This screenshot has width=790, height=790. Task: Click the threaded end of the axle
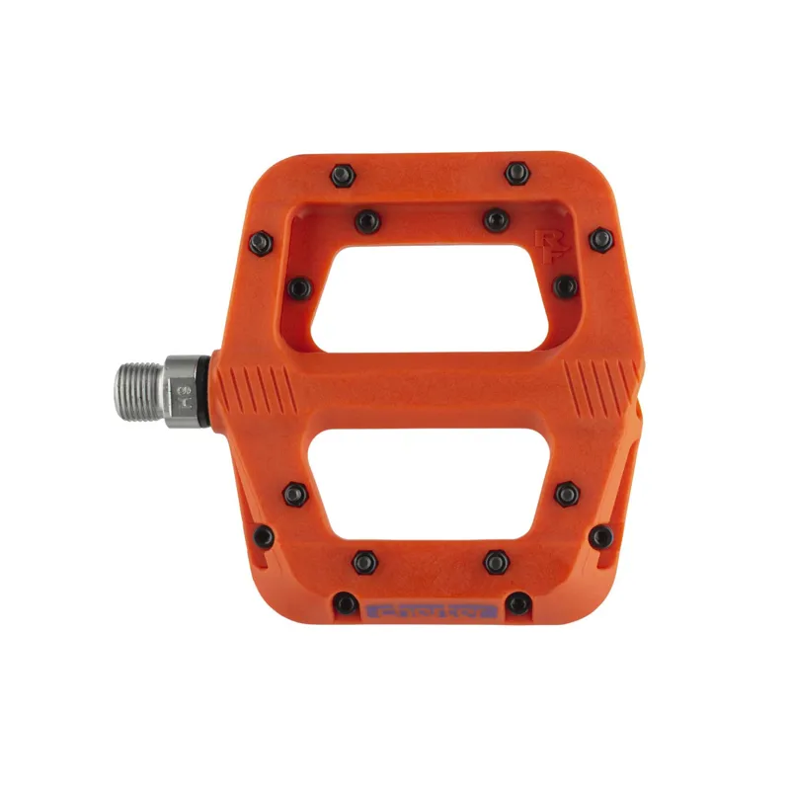click(135, 388)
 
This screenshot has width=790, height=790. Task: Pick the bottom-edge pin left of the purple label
click(346, 602)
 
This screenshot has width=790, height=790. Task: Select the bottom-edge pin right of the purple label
click(517, 602)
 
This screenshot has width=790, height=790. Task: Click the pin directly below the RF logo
click(565, 286)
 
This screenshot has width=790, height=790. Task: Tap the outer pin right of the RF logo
click(601, 240)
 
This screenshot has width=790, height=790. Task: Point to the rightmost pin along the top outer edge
click(516, 174)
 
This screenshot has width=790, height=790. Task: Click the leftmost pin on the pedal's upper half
click(261, 242)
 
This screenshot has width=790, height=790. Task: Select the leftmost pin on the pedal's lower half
click(263, 537)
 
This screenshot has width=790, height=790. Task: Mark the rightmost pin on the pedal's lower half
click(601, 537)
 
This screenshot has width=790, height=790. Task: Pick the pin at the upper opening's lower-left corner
click(297, 288)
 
